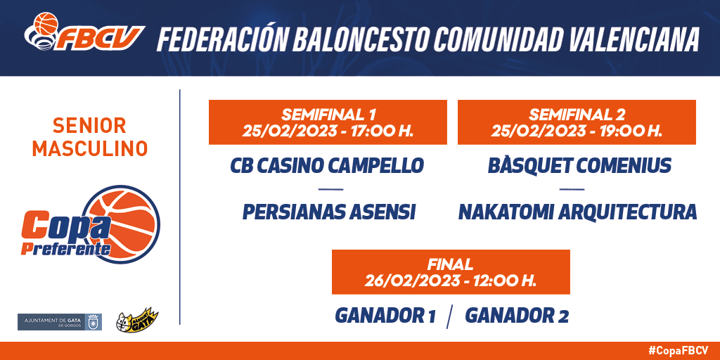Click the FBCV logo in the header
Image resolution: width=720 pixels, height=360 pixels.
pyautogui.click(x=84, y=32)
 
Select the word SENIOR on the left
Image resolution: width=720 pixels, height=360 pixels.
pyautogui.click(x=89, y=126)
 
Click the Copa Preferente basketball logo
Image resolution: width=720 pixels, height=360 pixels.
pyautogui.click(x=90, y=224)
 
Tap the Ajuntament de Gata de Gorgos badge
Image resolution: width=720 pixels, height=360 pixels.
pyautogui.click(x=60, y=322)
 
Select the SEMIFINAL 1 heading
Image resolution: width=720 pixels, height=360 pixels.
pyautogui.click(x=328, y=114)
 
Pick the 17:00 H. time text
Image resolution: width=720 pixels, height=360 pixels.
pyautogui.click(x=382, y=131)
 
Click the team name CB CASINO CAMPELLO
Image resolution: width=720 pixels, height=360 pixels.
pyautogui.click(x=326, y=166)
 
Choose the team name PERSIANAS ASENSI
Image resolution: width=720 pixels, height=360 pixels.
pyautogui.click(x=329, y=212)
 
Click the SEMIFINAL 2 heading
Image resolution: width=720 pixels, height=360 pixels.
pyautogui.click(x=577, y=114)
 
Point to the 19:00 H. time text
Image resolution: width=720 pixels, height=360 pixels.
pyautogui.click(x=631, y=131)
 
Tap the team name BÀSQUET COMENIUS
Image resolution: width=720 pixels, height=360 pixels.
pyautogui.click(x=580, y=165)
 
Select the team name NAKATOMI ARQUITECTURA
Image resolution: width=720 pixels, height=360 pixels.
pyautogui.click(x=578, y=212)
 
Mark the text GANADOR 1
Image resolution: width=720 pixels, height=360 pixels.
pyautogui.click(x=385, y=316)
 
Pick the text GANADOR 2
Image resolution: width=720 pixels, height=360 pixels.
pyautogui.click(x=517, y=316)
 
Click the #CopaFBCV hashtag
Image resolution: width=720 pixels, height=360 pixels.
pyautogui.click(x=679, y=350)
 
